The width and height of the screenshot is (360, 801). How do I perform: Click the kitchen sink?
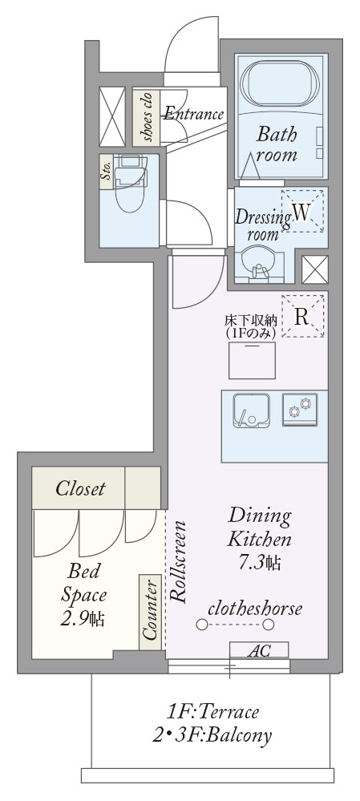(251, 411)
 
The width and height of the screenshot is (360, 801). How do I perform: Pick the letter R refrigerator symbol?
(302, 317)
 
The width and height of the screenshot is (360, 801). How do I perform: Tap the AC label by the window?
(259, 651)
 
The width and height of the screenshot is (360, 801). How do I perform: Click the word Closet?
(80, 489)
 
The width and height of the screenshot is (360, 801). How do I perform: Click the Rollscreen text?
(179, 562)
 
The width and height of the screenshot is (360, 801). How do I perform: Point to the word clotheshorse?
(255, 609)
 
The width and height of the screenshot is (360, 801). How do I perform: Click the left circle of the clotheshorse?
(202, 625)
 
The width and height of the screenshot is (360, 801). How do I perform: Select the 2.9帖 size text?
(83, 619)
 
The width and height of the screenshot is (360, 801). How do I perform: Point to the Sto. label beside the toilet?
(107, 171)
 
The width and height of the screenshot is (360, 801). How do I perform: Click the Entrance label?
(193, 113)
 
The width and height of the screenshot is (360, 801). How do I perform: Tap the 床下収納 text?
(251, 321)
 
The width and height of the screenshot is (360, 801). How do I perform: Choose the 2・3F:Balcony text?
(212, 735)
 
